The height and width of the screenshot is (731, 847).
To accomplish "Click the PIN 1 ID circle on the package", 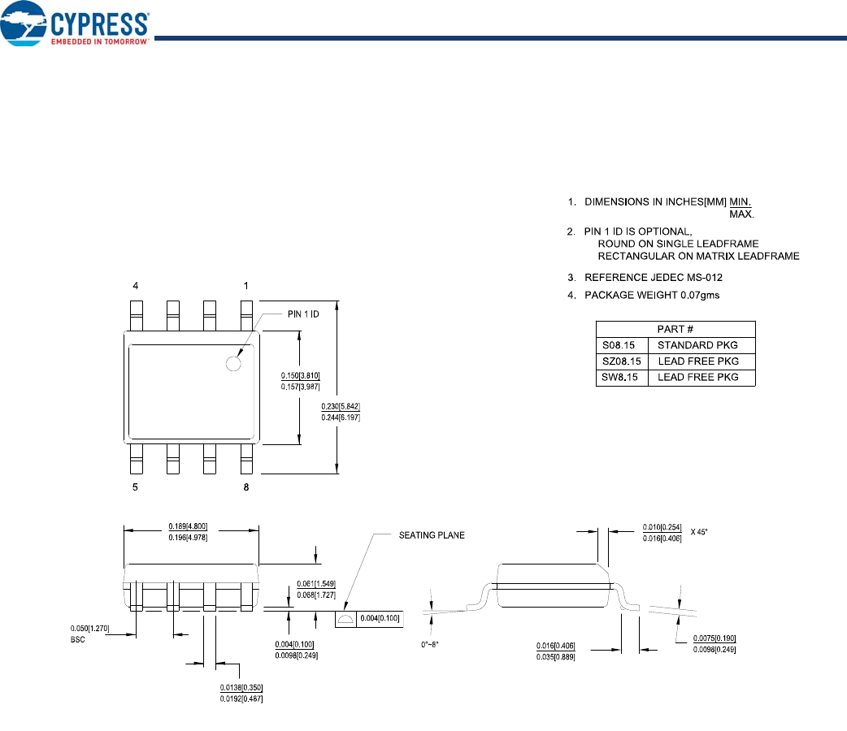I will [x=234, y=364].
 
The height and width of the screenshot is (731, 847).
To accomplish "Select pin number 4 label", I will [x=137, y=286].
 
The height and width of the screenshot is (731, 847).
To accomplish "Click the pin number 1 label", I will [x=246, y=286].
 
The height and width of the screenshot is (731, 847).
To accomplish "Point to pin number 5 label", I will [x=137, y=487].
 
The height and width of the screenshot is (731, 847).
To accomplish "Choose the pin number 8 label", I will [x=246, y=487].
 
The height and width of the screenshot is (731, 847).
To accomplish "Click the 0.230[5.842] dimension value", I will [x=341, y=407].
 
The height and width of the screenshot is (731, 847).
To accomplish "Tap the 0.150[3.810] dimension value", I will [x=301, y=375].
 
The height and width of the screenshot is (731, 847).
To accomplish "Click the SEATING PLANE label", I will [x=432, y=535].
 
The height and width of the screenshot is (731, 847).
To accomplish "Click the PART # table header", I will [x=675, y=329].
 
